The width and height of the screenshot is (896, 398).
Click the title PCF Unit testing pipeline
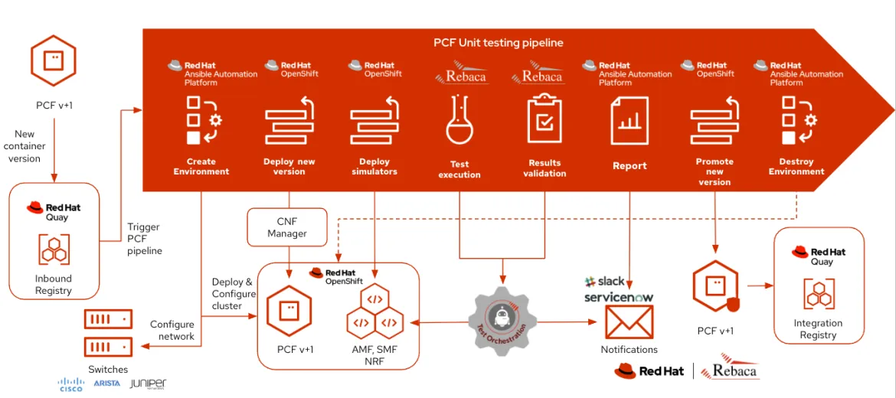(x=498, y=43)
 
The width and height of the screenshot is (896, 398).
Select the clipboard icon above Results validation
(x=544, y=119)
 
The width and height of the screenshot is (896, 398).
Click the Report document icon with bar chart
(x=629, y=120)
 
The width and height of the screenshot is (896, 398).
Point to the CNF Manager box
(x=287, y=227)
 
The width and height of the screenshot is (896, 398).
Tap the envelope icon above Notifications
(x=629, y=321)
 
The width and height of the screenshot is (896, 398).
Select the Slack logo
(x=605, y=282)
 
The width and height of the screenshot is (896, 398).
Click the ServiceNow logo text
(x=619, y=297)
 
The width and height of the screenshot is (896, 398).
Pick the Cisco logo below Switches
(x=71, y=384)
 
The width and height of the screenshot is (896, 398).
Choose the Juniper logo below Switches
(x=148, y=383)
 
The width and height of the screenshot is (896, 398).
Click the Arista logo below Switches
(x=107, y=383)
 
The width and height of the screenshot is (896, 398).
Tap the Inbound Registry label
(x=54, y=285)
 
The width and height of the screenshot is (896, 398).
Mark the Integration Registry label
(x=818, y=329)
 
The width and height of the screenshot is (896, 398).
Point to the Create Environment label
(x=201, y=166)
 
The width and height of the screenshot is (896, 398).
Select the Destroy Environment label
(x=796, y=166)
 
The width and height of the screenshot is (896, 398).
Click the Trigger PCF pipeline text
(x=145, y=239)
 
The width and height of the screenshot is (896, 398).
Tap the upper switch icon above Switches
(x=108, y=318)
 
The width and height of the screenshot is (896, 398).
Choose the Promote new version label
(x=715, y=171)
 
